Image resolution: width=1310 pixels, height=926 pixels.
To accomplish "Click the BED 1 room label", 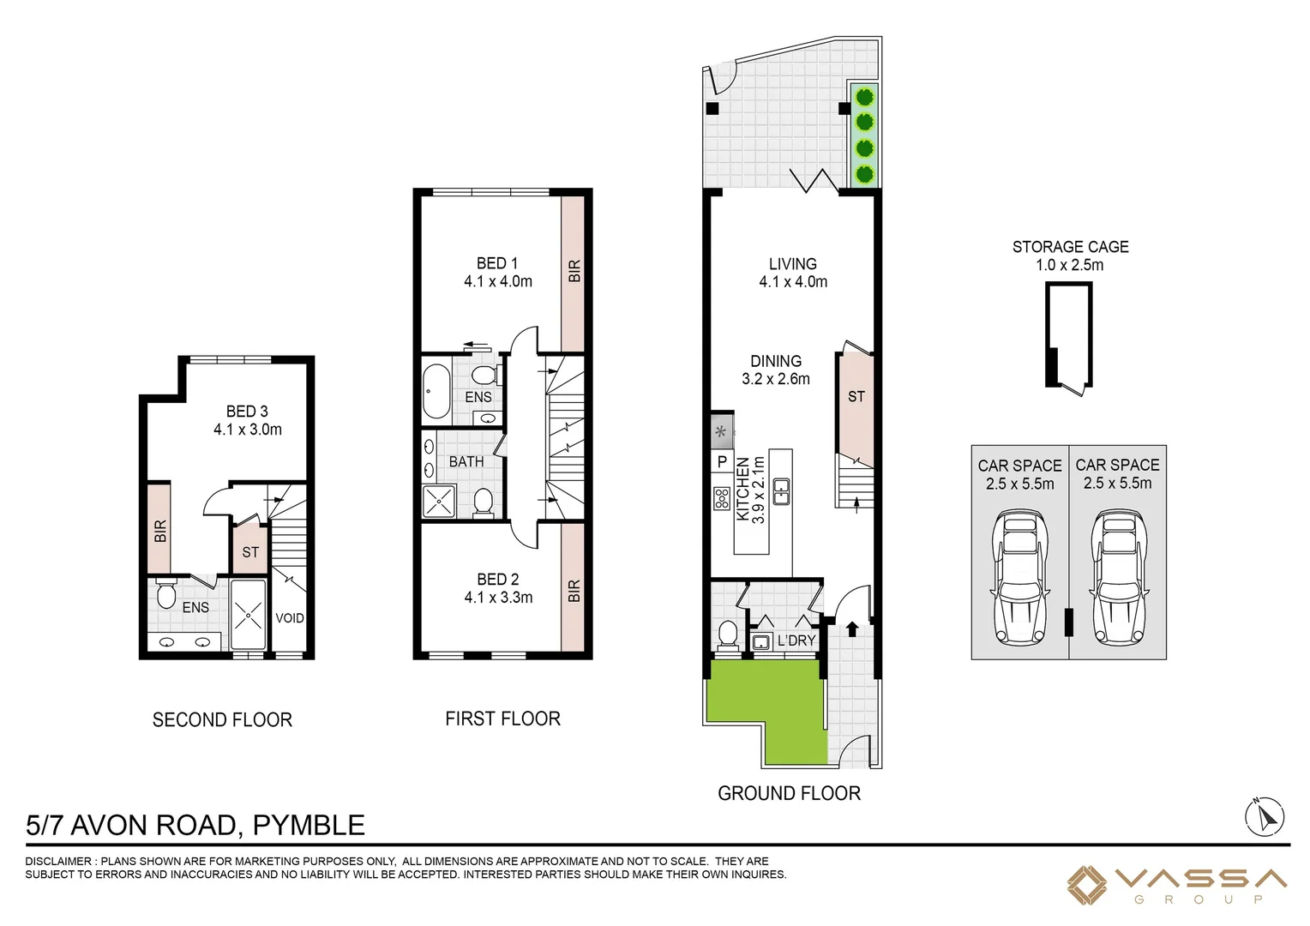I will [497, 263].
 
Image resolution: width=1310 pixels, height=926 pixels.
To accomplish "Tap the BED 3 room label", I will [247, 412].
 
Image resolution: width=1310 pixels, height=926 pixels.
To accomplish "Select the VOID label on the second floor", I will [290, 618].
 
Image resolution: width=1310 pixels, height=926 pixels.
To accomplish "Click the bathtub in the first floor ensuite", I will [436, 392].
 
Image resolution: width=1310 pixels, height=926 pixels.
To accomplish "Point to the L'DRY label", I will [796, 640].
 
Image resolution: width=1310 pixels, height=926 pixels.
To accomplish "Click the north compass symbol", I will [1265, 816].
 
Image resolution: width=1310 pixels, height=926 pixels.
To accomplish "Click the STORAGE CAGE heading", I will [1070, 247].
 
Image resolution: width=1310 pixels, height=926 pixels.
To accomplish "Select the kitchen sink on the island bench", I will [781, 491].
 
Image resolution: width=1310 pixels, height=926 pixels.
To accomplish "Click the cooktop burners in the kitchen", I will [722, 498].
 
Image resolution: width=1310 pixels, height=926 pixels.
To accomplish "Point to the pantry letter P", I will [722, 462].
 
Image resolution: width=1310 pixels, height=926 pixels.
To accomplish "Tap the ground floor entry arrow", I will [851, 630].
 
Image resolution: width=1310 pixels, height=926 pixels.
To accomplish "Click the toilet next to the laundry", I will [727, 634].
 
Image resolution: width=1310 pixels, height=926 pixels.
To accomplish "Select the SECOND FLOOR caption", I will [222, 720].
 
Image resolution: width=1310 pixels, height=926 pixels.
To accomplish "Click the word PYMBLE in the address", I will [309, 825].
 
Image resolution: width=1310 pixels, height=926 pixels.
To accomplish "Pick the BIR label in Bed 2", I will [574, 591].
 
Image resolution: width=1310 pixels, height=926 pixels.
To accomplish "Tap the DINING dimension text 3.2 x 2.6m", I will [775, 379].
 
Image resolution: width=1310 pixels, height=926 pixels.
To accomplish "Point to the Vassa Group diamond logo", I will [1087, 885].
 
